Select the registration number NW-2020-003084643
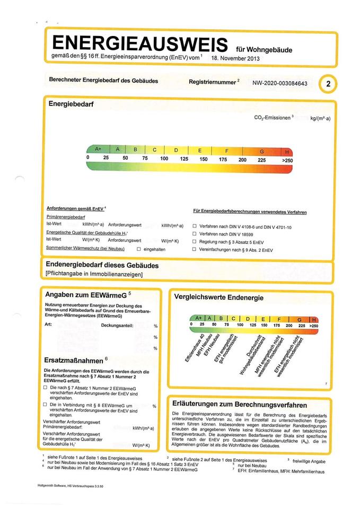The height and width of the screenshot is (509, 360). (279, 83)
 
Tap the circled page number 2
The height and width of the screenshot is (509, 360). (329, 83)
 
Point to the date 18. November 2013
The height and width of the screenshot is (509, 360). (235, 58)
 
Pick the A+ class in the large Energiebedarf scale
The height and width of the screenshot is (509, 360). (98, 150)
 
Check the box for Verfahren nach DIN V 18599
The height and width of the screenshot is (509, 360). (195, 234)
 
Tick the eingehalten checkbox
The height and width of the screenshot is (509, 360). (139, 249)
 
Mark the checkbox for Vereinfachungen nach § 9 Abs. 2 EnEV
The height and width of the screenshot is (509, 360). (195, 249)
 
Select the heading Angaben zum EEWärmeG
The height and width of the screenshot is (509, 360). (87, 294)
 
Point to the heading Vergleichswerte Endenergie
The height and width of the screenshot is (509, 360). (218, 298)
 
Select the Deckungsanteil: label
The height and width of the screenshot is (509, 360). (117, 325)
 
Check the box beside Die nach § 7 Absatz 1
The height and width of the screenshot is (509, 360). (46, 388)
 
